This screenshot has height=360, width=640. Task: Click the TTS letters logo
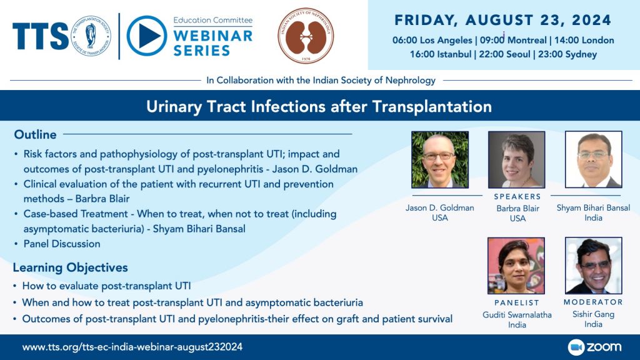pyautogui.click(x=41, y=36)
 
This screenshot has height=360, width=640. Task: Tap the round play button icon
pyautogui.click(x=146, y=36)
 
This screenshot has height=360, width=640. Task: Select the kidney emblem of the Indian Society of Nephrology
pyautogui.click(x=306, y=36)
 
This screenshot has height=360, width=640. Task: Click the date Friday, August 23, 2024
pyautogui.click(x=503, y=20)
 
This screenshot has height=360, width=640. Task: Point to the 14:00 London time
pyautogui.click(x=584, y=40)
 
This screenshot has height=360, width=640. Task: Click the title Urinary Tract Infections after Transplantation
pyautogui.click(x=319, y=106)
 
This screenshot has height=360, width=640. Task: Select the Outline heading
pyautogui.click(x=35, y=134)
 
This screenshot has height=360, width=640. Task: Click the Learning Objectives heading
pyautogui.click(x=70, y=267)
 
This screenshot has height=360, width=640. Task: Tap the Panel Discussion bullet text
pyautogui.click(x=62, y=244)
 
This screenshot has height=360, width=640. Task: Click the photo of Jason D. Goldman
pyautogui.click(x=440, y=159)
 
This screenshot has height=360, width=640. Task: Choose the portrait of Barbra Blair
pyautogui.click(x=516, y=159)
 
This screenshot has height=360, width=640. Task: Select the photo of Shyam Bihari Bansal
pyautogui.click(x=594, y=159)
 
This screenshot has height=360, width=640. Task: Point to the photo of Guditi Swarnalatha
pyautogui.click(x=516, y=266)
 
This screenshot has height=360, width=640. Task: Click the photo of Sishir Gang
pyautogui.click(x=594, y=266)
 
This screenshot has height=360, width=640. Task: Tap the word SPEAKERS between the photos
pyautogui.click(x=517, y=197)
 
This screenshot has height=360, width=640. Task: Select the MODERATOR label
pyautogui.click(x=594, y=302)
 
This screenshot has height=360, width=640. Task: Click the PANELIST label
pyautogui.click(x=517, y=303)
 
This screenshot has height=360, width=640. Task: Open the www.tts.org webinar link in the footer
pyautogui.click(x=132, y=347)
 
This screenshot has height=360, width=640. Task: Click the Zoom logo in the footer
pyautogui.click(x=595, y=347)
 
